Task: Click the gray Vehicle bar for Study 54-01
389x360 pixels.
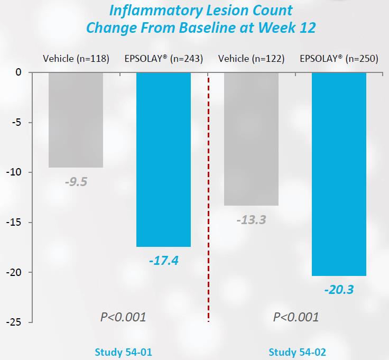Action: [76, 119]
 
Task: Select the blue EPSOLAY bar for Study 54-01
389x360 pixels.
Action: [163, 159]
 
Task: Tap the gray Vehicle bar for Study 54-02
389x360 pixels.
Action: [251, 139]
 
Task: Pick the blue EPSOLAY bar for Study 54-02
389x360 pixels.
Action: [339, 174]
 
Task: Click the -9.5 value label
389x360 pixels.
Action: [76, 182]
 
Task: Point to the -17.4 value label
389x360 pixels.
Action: [163, 261]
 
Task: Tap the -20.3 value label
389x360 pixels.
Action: [339, 290]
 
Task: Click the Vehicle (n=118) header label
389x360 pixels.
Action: [76, 58]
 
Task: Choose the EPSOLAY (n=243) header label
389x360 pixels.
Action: [163, 58]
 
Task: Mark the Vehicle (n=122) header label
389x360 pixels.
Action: [252, 58]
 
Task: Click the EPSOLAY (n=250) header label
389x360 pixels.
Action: [339, 58]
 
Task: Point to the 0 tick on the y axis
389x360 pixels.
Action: [18, 72]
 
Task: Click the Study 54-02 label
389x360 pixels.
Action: [294, 352]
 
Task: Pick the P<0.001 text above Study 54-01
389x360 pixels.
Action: [123, 317]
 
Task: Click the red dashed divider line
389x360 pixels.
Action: [208, 201]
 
